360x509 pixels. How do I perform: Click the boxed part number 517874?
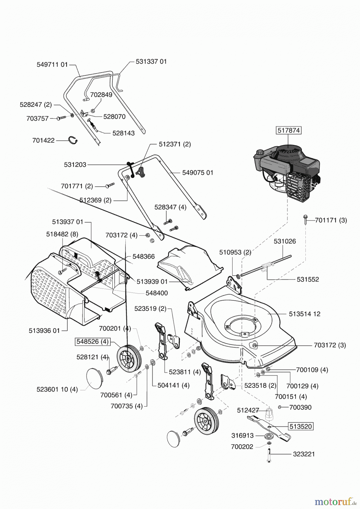(x=288, y=130)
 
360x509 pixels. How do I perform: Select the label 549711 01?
(x=52, y=64)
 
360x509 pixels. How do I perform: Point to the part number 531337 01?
(x=151, y=61)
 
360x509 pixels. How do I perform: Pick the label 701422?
(x=43, y=140)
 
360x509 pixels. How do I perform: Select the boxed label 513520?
(x=301, y=426)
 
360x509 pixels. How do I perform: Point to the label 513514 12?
(x=305, y=314)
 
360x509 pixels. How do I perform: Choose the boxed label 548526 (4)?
(x=93, y=341)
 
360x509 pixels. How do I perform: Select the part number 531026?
(x=284, y=241)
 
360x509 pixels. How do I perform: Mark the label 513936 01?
(x=44, y=331)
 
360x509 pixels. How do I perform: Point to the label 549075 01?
(x=198, y=172)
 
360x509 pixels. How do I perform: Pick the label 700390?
(x=300, y=407)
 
